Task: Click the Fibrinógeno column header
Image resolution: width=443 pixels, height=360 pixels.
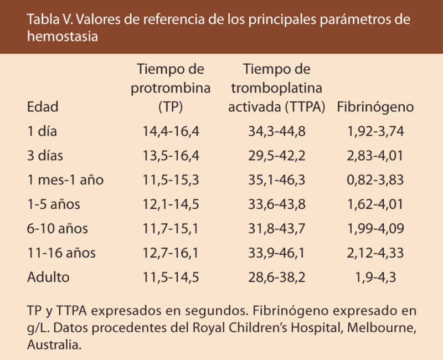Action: click(x=375, y=107)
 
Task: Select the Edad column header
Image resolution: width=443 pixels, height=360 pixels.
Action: click(x=43, y=107)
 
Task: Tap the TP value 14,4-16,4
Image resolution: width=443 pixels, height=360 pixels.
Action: click(x=171, y=132)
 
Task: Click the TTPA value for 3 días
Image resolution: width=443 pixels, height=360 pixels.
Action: click(x=277, y=156)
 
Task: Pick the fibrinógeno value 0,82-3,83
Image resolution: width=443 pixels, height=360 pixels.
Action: click(x=375, y=180)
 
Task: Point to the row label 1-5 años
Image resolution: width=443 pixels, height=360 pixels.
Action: click(x=54, y=204)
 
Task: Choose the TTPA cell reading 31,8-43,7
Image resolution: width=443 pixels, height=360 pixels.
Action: click(x=277, y=229)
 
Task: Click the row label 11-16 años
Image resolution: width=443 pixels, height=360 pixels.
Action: click(x=61, y=253)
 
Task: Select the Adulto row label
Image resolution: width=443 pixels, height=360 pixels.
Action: click(x=48, y=277)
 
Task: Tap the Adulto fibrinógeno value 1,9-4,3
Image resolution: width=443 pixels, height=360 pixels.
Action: click(x=375, y=277)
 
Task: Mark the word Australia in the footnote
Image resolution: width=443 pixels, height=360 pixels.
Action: click(x=53, y=344)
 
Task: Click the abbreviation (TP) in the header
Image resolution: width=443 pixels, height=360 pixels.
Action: click(x=171, y=107)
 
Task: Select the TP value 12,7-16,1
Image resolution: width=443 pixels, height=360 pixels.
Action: click(x=171, y=253)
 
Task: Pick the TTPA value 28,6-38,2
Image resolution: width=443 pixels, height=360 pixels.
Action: click(x=277, y=277)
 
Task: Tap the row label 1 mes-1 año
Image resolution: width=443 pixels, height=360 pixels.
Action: click(x=65, y=180)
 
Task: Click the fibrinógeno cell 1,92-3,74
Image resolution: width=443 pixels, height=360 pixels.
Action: click(x=375, y=132)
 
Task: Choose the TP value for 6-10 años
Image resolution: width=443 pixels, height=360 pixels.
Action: click(x=171, y=229)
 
